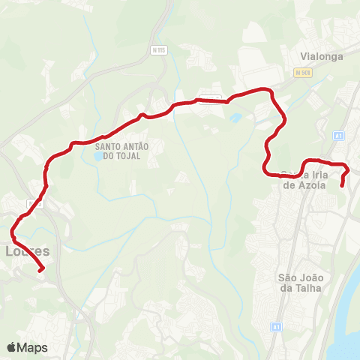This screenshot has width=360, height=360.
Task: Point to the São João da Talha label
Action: [x=299, y=281]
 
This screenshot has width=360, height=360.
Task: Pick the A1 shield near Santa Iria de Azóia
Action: [x=339, y=136]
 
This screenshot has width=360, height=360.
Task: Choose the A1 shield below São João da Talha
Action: [x=277, y=327]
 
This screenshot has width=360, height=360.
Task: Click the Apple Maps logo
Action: [x=28, y=347]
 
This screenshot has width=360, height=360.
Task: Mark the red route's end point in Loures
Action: [x=42, y=269]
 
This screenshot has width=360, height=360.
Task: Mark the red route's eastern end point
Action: [x=342, y=184]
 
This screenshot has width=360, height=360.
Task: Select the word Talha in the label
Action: [x=307, y=287]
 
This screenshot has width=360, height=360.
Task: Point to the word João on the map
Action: [x=308, y=276]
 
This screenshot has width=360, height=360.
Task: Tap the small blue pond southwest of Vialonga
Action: [x=235, y=118]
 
